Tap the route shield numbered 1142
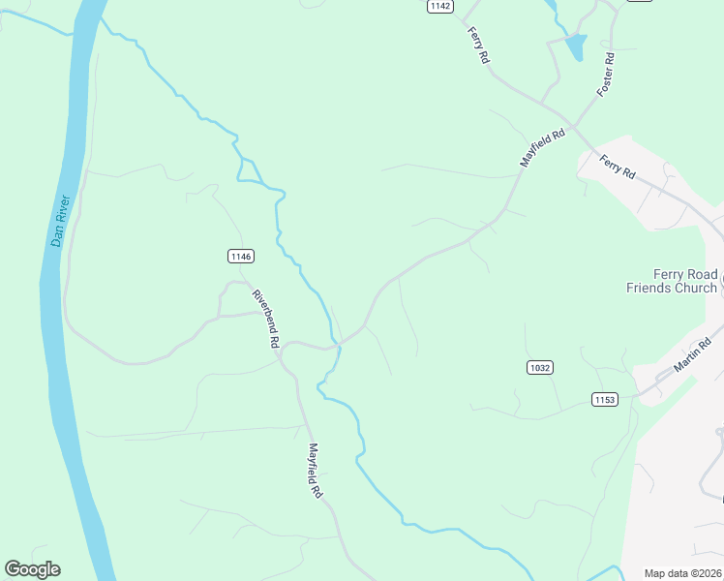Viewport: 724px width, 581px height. click(x=439, y=6)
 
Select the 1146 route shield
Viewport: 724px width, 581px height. click(x=241, y=257)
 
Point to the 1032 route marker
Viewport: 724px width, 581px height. click(x=540, y=367)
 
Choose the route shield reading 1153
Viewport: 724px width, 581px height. click(x=604, y=399)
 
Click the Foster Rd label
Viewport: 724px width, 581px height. click(x=607, y=74)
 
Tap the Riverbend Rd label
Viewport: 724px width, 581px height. click(x=265, y=319)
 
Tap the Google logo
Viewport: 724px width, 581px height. click(x=32, y=569)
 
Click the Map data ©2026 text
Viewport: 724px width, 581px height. click(x=683, y=573)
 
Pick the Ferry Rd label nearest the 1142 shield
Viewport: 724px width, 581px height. click(x=479, y=46)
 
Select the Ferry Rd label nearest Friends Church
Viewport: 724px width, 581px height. click(x=617, y=167)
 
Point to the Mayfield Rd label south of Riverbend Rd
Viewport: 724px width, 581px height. click(x=316, y=471)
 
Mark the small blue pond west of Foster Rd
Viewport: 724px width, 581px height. click(x=575, y=46)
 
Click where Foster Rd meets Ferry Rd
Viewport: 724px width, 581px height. click(x=575, y=125)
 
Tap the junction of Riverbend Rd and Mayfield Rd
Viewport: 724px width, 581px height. click(x=281, y=354)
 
